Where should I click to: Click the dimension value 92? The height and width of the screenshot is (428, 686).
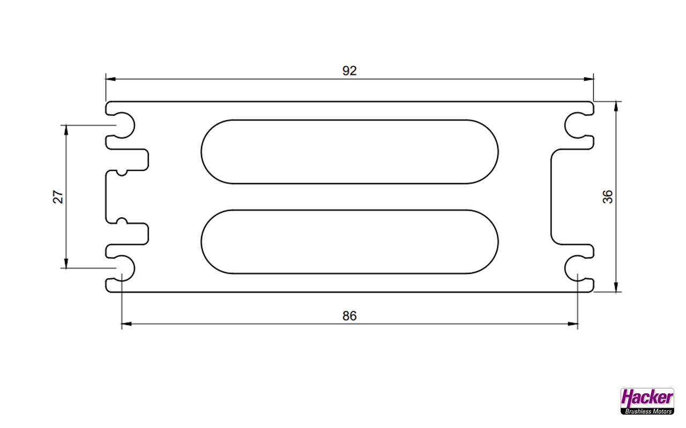(x=349, y=71)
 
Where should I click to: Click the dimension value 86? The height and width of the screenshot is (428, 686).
(x=349, y=316)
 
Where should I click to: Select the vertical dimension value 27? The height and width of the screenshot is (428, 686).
(x=58, y=197)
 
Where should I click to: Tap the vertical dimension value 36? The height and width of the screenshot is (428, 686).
(x=608, y=197)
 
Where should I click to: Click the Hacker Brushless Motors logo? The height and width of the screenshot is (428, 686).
(x=647, y=401)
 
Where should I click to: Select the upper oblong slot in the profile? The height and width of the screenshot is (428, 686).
(x=349, y=151)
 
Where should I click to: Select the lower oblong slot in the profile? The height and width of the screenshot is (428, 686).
(x=349, y=242)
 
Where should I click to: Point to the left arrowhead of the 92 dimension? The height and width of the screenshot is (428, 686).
(x=110, y=79)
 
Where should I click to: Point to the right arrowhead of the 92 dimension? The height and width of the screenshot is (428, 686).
(x=588, y=79)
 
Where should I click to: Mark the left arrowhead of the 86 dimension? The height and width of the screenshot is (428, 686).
(x=127, y=324)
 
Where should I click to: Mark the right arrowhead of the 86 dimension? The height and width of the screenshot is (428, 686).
(x=573, y=324)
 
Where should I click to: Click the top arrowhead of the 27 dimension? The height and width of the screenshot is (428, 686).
(x=66, y=130)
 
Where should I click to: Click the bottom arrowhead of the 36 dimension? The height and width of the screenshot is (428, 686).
(x=616, y=287)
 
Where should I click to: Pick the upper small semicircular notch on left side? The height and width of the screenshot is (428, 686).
(x=122, y=173)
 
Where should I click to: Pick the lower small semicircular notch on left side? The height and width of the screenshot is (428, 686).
(x=122, y=221)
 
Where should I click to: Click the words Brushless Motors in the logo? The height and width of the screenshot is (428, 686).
(x=648, y=411)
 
